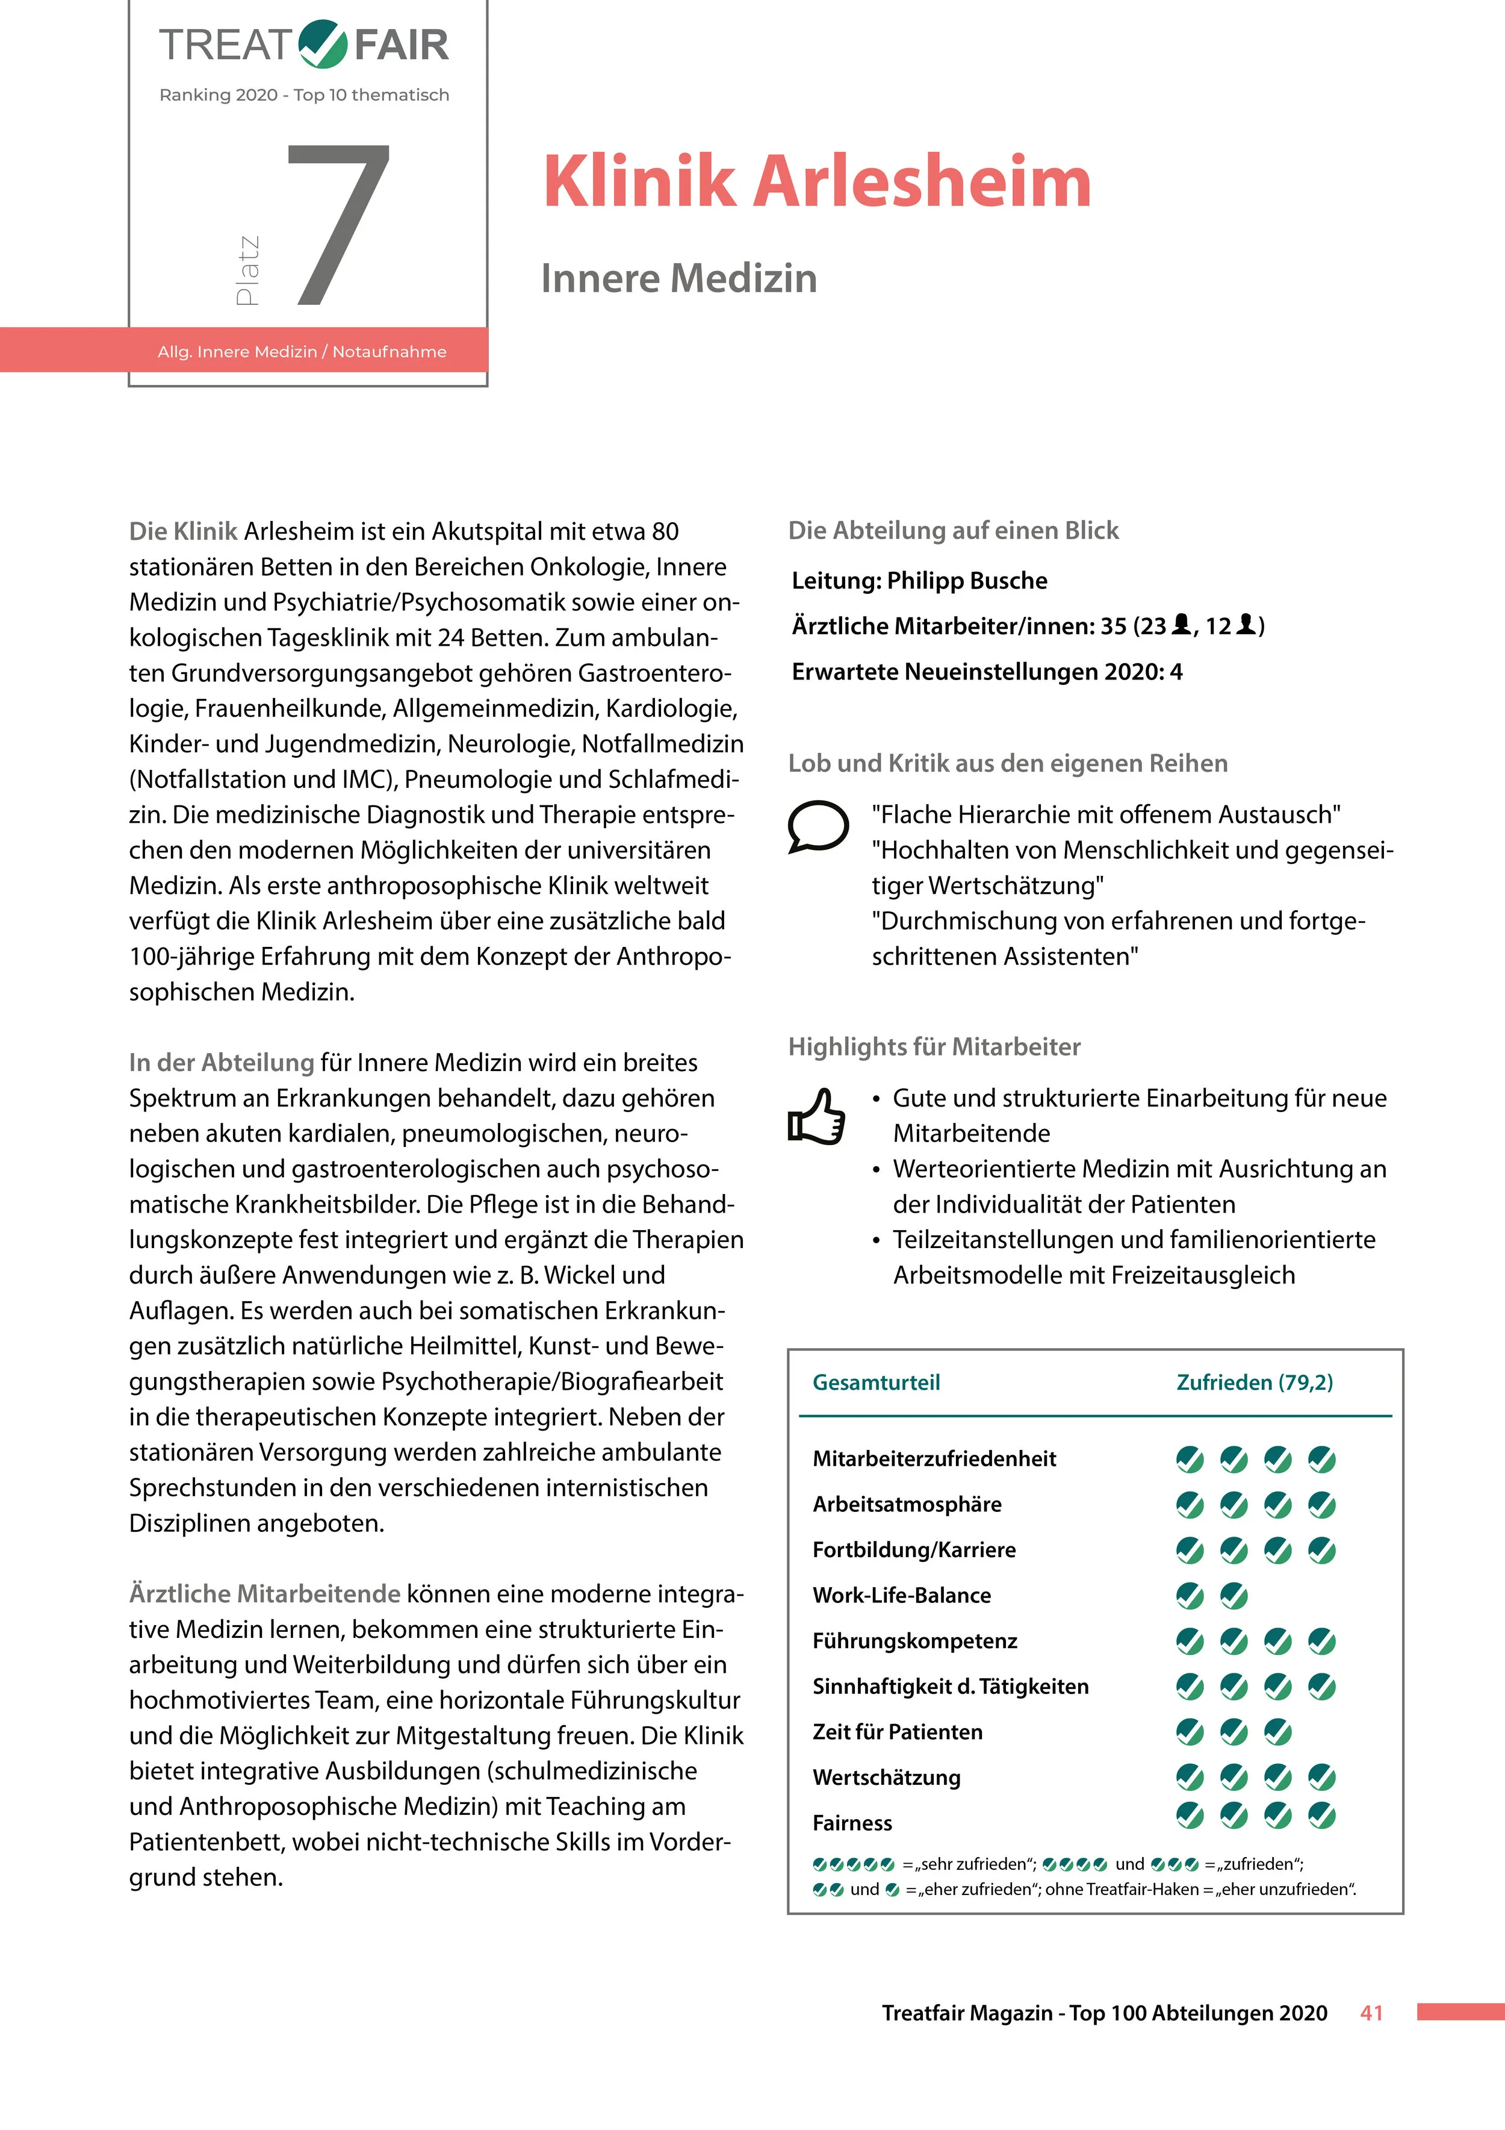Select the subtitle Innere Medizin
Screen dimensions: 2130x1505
click(679, 278)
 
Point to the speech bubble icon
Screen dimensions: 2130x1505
click(817, 825)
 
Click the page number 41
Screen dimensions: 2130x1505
click(1371, 2012)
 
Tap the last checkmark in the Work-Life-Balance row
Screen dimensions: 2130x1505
click(1233, 1596)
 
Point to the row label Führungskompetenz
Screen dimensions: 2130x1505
click(914, 1640)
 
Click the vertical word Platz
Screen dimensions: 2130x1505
click(247, 270)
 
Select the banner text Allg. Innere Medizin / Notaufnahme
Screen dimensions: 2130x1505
click(302, 352)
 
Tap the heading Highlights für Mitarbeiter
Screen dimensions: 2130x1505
click(934, 1046)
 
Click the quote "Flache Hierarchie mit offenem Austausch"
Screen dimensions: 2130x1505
click(1105, 814)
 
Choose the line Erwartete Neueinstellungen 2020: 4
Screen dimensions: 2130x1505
click(987, 672)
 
